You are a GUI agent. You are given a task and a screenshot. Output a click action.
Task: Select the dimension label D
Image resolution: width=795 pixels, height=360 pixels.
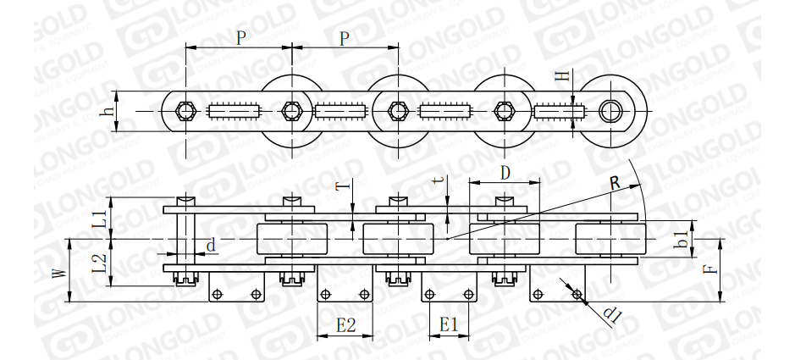click(x=505, y=174)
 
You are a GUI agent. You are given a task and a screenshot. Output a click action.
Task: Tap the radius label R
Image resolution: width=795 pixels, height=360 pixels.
click(x=615, y=182)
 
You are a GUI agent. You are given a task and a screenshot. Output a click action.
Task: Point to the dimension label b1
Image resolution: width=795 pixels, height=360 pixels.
click(x=683, y=239)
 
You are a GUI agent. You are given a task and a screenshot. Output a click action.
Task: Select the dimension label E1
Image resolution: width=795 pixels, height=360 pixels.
click(x=449, y=324)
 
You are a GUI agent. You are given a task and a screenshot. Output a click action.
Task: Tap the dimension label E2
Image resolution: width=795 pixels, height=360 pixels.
click(x=345, y=325)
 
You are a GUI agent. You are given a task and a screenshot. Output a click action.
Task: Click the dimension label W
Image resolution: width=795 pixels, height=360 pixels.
click(x=60, y=274)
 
